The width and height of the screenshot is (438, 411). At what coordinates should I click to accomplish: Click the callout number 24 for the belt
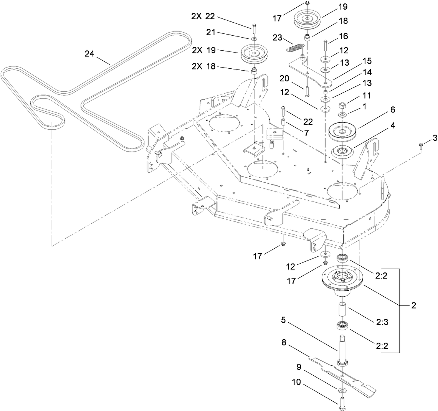point(89,54)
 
